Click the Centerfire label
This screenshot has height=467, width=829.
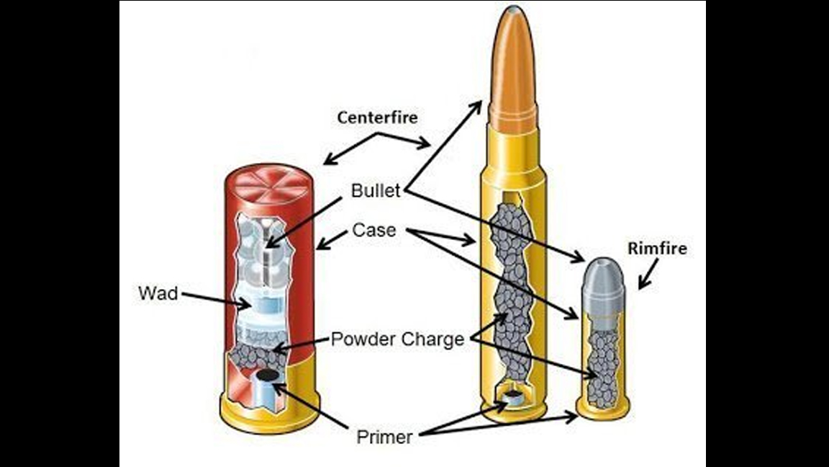pos(377,117)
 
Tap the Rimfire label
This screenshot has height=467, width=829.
pos(657,249)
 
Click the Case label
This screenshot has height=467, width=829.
pos(373,230)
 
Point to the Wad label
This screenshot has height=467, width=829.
pos(157,294)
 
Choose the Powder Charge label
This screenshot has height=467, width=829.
pos(397,339)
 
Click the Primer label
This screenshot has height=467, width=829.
pos(384,437)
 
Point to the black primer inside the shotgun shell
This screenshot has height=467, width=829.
pos(267,375)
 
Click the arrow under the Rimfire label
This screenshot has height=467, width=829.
pos(645,275)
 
